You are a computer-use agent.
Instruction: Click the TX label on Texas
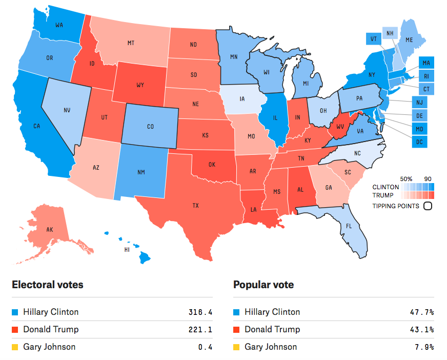click(196, 206)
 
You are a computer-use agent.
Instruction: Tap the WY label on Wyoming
click(140, 85)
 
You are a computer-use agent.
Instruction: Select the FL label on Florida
click(349, 226)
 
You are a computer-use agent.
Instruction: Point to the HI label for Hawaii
click(127, 250)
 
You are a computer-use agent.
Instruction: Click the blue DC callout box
click(419, 142)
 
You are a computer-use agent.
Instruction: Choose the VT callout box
click(374, 39)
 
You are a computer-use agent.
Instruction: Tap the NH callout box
click(390, 33)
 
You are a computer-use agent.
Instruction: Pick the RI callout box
click(426, 76)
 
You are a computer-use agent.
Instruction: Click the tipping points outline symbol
click(428, 206)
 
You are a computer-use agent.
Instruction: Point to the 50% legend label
click(406, 179)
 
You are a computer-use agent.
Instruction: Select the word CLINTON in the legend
click(385, 187)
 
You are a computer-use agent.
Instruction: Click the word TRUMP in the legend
click(383, 195)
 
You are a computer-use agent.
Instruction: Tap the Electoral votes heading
click(48, 285)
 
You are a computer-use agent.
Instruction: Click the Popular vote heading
click(263, 285)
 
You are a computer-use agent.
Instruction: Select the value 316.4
click(200, 312)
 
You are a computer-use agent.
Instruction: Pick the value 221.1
click(200, 330)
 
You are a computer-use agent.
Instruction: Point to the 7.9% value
click(424, 347)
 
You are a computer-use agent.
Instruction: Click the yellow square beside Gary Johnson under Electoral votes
click(15, 347)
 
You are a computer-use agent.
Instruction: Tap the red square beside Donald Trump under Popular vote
click(236, 330)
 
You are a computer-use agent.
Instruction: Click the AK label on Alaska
click(50, 230)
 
